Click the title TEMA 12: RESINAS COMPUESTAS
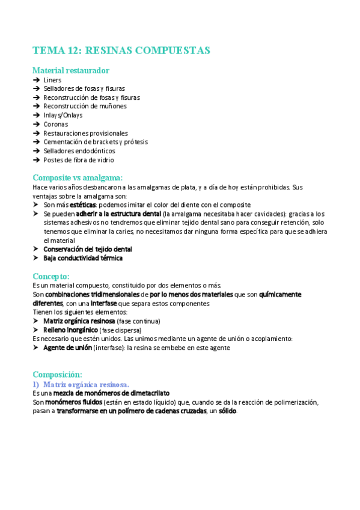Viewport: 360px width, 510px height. (121, 50)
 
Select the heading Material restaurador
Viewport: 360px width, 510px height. (71, 70)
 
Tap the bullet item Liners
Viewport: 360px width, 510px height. (52, 79)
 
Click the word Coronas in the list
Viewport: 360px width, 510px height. (56, 124)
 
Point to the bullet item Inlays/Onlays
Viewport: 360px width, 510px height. (63, 115)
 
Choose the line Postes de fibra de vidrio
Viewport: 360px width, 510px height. (79, 160)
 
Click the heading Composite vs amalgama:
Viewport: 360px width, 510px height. (78, 177)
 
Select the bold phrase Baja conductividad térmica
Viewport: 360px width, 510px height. (83, 258)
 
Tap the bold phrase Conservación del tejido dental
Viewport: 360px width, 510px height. (88, 249)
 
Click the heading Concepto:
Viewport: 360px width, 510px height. (51, 276)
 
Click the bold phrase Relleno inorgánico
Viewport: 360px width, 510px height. (70, 330)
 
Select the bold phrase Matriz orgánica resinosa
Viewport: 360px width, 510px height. (79, 321)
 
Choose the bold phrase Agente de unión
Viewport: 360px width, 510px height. (67, 348)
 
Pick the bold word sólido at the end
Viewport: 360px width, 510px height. (228, 411)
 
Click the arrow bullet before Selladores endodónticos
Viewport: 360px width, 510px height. (37, 151)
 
